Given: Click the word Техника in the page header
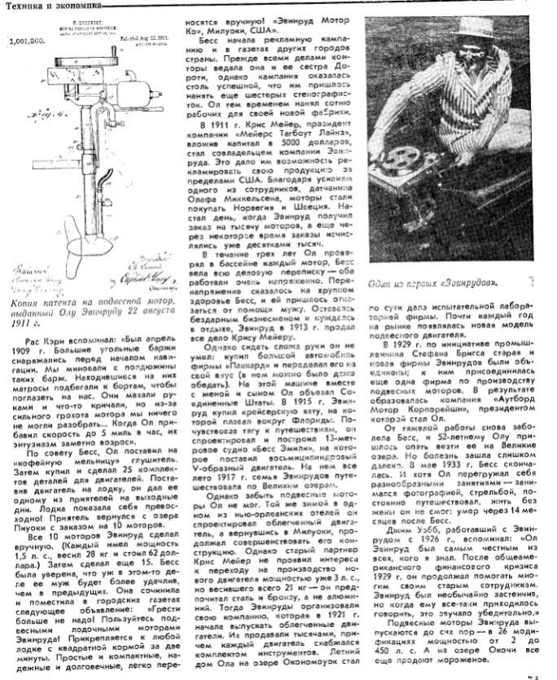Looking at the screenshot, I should click(x=24, y=6).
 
